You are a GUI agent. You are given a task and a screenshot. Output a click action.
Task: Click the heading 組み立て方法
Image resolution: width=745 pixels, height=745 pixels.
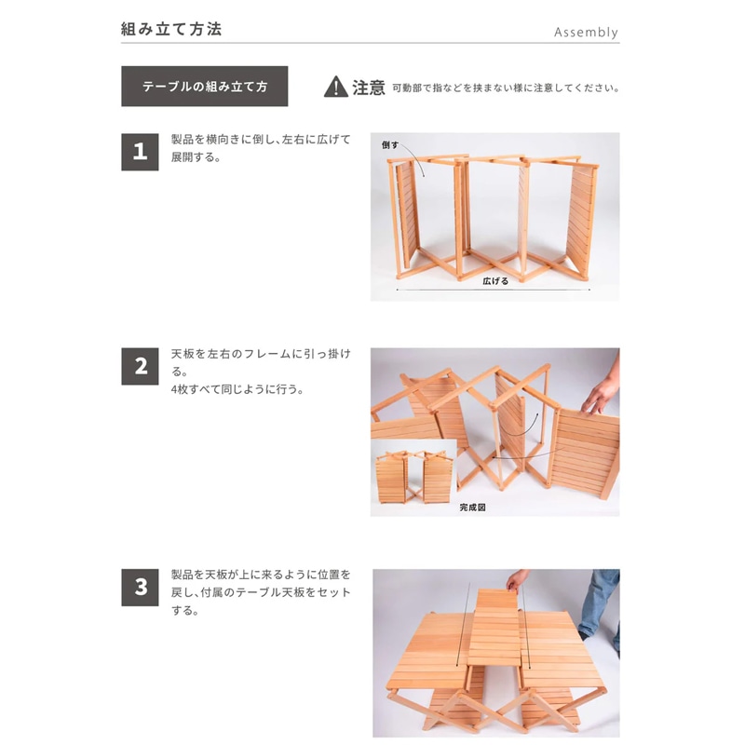tap(171, 29)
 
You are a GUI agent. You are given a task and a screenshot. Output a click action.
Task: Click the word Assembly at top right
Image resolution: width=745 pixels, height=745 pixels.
tap(586, 32)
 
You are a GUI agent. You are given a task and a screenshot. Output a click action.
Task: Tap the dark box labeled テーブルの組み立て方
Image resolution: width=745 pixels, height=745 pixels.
tap(205, 87)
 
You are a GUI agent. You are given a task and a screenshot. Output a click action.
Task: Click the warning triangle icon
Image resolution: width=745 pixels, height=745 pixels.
tap(335, 88)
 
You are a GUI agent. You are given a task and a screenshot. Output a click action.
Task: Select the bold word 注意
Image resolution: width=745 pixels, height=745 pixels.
tap(369, 88)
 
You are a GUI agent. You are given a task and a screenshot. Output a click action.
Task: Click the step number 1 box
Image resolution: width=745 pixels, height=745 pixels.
tap(140, 151)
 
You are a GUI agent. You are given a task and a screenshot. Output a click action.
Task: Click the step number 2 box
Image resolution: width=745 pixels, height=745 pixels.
tap(140, 366)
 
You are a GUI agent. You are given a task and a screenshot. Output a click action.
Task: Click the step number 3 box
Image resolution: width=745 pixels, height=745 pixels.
tap(140, 587)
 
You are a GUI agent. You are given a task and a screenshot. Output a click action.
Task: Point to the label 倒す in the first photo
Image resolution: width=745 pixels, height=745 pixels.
tap(390, 146)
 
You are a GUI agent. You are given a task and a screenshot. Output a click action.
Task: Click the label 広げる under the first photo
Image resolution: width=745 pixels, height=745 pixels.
tap(494, 280)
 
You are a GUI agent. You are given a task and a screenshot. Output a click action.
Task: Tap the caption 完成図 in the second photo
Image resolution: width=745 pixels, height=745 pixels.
tap(472, 508)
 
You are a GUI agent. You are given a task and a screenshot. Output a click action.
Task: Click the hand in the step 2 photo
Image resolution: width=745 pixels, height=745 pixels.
tap(599, 396)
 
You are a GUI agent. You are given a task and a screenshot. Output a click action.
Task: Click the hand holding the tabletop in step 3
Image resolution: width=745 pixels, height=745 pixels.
tap(516, 580)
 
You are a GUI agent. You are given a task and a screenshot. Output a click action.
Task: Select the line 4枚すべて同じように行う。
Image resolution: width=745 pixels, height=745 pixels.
tap(237, 389)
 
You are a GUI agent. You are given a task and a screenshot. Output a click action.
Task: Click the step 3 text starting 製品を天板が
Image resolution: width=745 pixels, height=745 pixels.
tap(260, 593)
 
